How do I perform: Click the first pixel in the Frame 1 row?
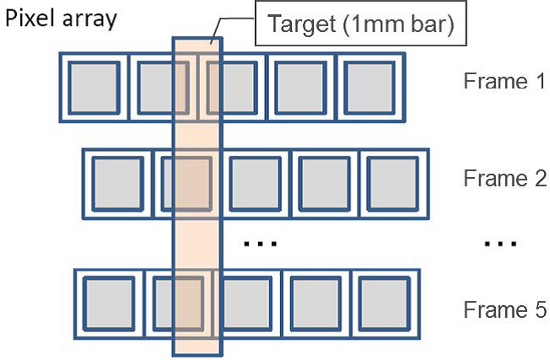pyautogui.click(x=94, y=85)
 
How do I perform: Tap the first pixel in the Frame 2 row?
pyautogui.click(x=116, y=182)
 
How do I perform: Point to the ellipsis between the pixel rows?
pyautogui.click(x=256, y=244)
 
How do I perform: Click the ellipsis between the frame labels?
pyautogui.click(x=500, y=244)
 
